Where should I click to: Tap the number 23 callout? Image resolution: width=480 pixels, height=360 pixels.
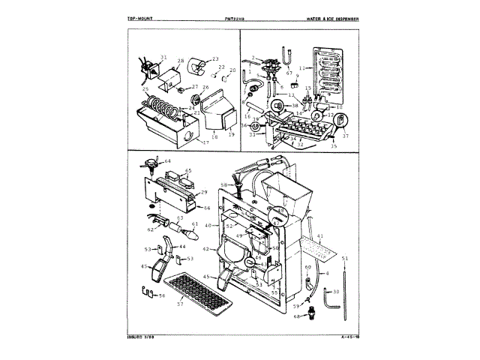(x=214, y=58)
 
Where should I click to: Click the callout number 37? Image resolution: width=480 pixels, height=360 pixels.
(x=346, y=136)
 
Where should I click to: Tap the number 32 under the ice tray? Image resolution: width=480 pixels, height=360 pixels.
(x=300, y=145)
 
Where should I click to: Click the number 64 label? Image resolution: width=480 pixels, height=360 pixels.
(x=168, y=161)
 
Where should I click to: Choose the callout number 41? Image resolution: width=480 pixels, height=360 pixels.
(x=320, y=237)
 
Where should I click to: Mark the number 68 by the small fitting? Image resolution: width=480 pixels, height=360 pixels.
(x=296, y=316)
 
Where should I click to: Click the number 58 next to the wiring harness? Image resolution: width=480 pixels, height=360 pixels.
(x=223, y=184)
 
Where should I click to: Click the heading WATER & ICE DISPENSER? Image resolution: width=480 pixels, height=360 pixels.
(x=333, y=17)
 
